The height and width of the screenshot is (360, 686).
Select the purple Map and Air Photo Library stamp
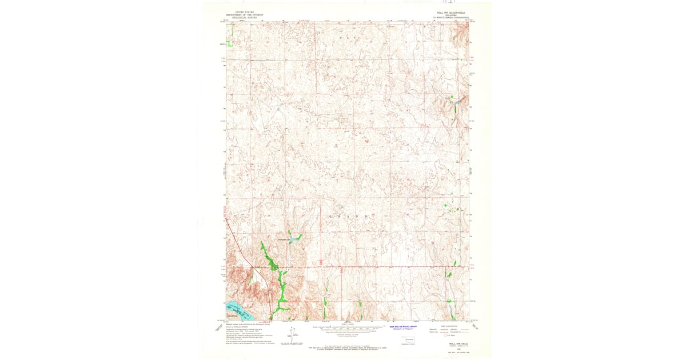tap(404, 328)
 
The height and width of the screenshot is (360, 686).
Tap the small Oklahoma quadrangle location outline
tap(409, 341)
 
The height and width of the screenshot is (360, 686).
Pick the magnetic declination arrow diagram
tap(292, 334)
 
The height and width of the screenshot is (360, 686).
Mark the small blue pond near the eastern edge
tap(457, 102)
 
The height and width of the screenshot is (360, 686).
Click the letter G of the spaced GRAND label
tap(330, 217)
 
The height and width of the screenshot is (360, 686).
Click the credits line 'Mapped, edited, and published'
tap(240, 323)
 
